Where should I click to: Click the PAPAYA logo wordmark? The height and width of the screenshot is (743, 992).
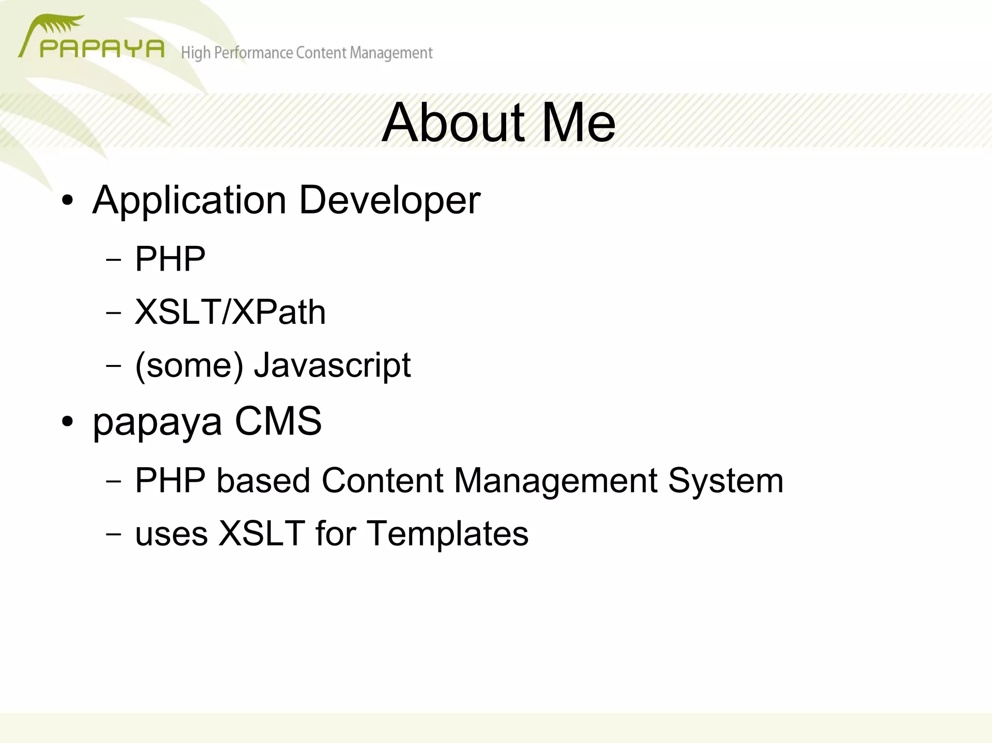(102, 49)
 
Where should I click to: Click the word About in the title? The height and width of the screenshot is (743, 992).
(453, 123)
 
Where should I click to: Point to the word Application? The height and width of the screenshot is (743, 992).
(189, 201)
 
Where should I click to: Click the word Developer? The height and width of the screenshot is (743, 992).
(389, 201)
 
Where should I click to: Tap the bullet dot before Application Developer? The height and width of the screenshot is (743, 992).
(68, 200)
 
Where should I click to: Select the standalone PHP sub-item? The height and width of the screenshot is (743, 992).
(170, 259)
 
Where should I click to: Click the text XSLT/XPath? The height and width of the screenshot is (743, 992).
(230, 312)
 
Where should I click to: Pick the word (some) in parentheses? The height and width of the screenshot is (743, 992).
(189, 365)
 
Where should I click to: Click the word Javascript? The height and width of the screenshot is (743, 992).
(332, 365)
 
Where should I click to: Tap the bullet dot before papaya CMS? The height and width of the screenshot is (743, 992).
(68, 421)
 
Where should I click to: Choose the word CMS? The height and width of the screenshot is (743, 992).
(278, 421)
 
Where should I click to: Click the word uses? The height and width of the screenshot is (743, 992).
(171, 534)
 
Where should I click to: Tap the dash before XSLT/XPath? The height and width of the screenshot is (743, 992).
(113, 313)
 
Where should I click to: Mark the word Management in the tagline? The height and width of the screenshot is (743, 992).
(391, 53)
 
